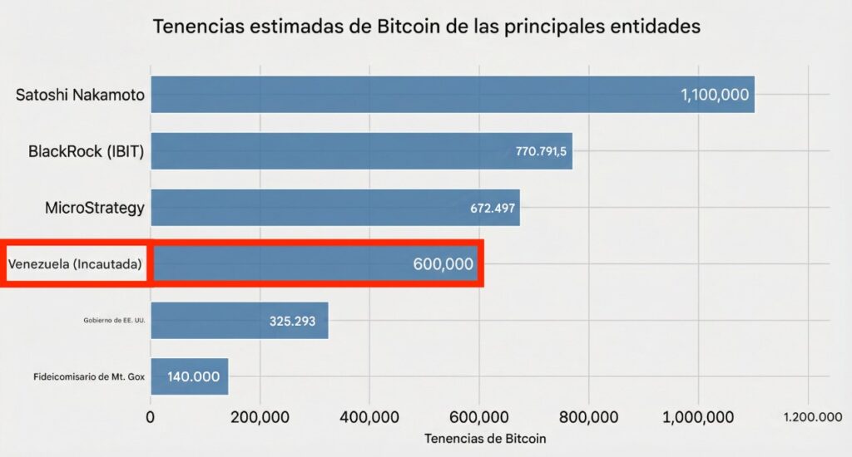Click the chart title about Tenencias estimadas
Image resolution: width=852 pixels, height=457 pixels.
[x=427, y=27]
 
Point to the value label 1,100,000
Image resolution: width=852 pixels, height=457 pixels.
[x=714, y=95]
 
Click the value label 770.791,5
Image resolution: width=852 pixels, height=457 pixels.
[x=540, y=151]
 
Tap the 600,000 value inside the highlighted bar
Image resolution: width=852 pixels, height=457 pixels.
[x=443, y=264]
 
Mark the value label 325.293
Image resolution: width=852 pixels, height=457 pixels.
[x=292, y=321]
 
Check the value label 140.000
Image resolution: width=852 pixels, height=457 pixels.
[x=193, y=376]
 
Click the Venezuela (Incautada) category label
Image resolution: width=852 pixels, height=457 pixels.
[x=75, y=264]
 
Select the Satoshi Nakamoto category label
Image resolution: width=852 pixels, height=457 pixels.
[x=80, y=95]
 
